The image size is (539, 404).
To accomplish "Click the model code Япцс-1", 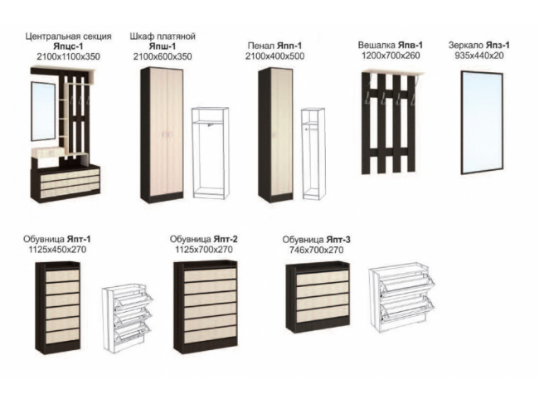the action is tap(68, 46).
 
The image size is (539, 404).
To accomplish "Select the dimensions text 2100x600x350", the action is tap(163, 56).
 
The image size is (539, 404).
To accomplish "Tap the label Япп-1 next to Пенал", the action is tap(289, 46).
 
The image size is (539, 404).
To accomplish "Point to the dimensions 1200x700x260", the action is tap(391, 56).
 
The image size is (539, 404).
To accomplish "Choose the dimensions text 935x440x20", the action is tap(479, 56).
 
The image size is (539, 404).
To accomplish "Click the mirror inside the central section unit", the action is tap(43, 111).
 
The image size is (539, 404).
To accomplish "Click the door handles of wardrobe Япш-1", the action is tap(166, 135).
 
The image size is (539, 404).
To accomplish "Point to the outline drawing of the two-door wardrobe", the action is tap(210, 153).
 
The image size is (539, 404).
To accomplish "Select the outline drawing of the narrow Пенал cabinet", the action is tap(313, 153).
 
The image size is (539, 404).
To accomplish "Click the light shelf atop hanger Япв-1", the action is tap(394, 72).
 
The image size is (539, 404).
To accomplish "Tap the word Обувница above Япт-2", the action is tap(191, 239).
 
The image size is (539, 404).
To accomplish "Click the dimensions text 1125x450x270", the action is tap(57, 249).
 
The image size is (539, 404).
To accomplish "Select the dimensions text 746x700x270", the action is tap(317, 250).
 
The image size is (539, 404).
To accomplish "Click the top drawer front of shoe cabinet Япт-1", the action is tap(62, 275).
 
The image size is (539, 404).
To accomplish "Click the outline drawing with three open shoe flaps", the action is tap(127, 317).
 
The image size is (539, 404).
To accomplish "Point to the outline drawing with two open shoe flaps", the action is tap(401, 297).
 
